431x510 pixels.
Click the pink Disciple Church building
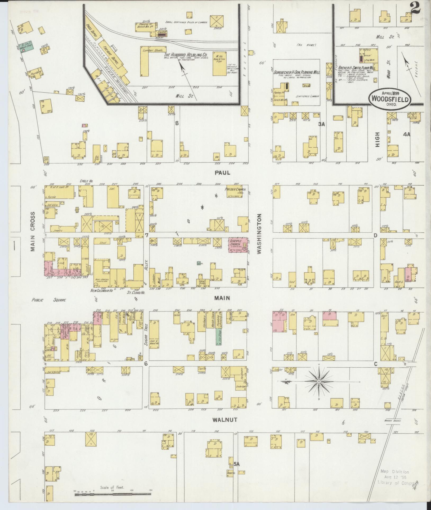pos(238,245)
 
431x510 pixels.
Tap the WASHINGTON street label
pos(259,234)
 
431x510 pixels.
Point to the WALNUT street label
pos(226,419)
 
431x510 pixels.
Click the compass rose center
pos(319,381)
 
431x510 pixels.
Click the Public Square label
pos(49,300)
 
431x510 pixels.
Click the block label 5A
pos(236,464)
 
